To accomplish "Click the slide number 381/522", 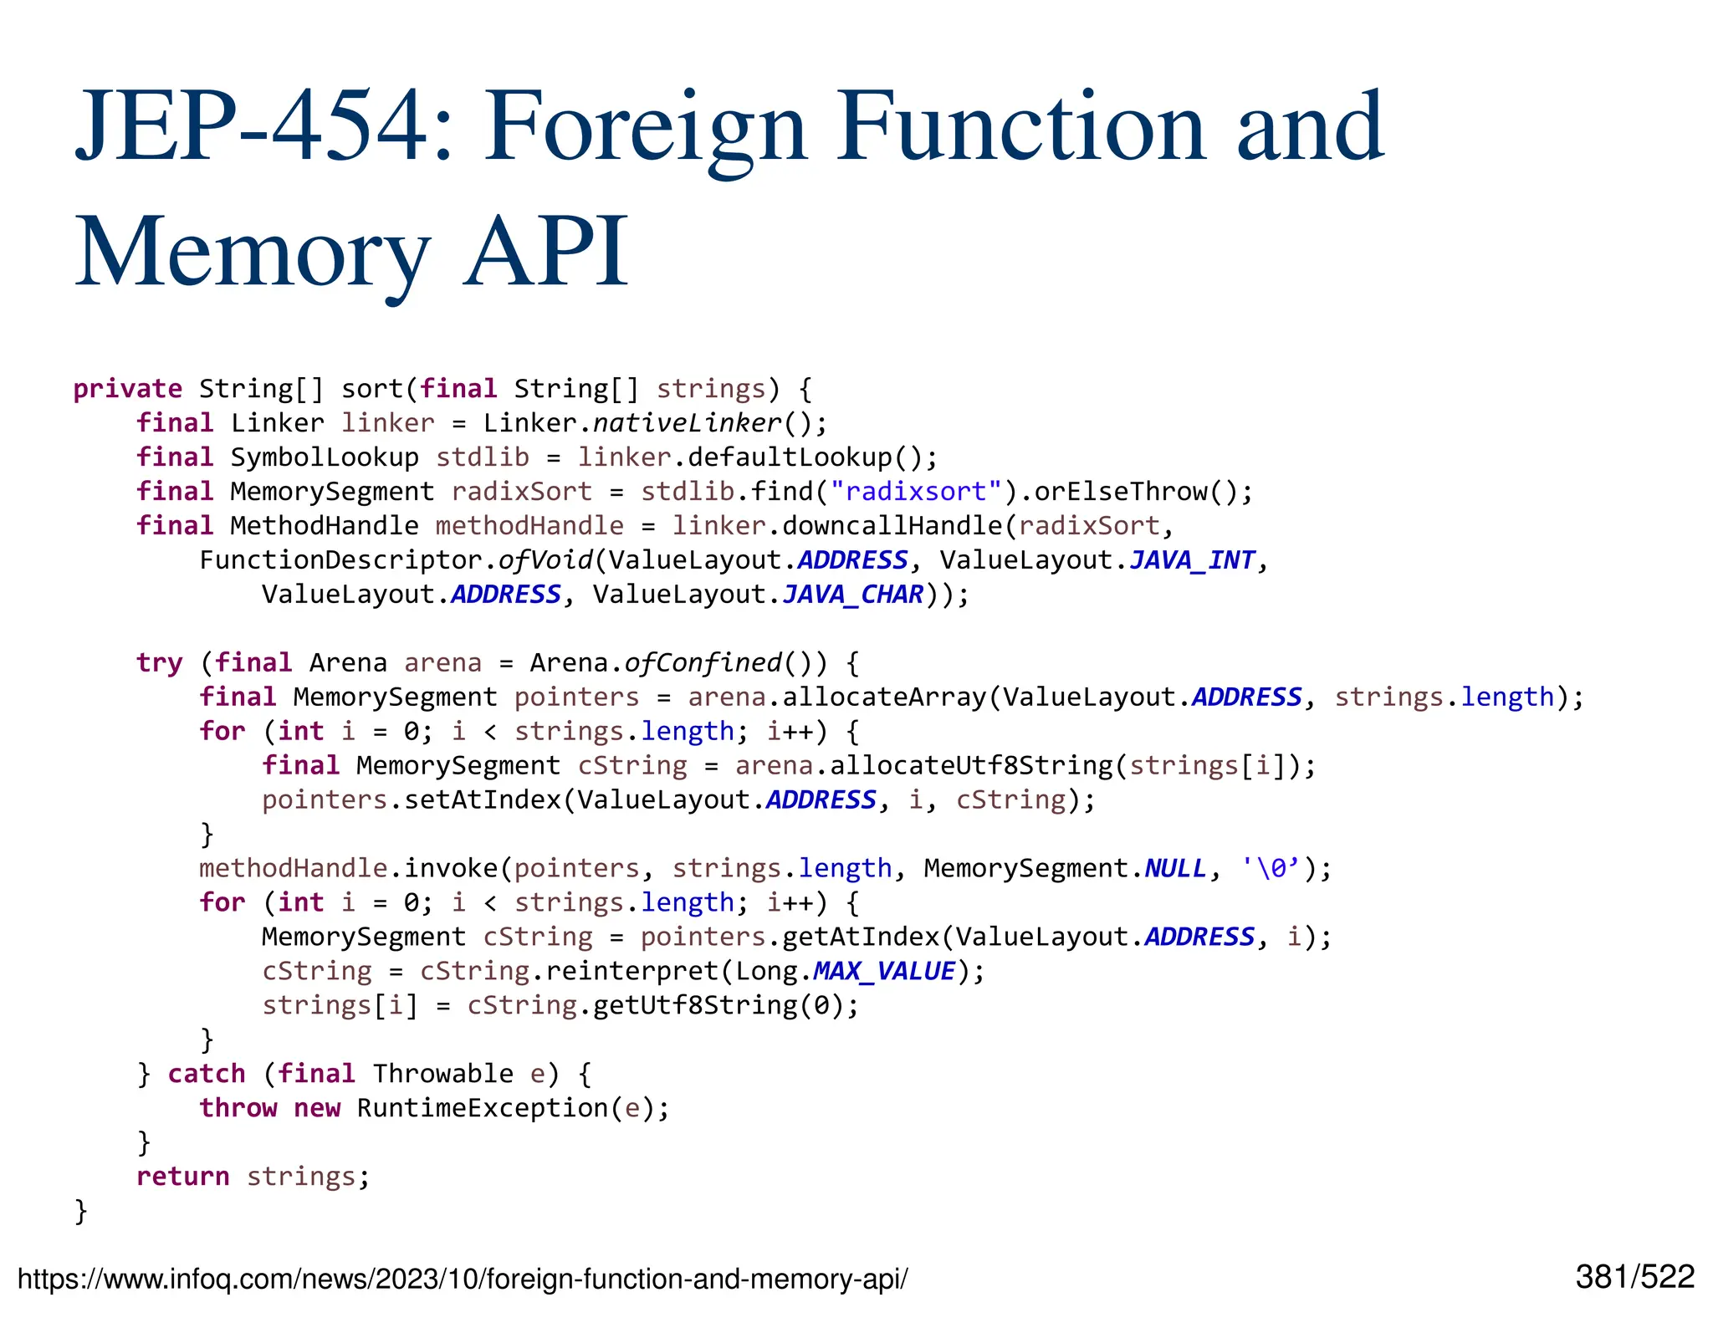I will point(1634,1278).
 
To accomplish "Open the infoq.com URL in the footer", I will point(462,1280).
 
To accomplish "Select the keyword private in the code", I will point(127,389).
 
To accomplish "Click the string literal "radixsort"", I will point(915,492).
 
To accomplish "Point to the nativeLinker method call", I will point(687,423).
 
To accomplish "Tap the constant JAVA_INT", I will point(1192,560).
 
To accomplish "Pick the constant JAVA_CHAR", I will point(852,595).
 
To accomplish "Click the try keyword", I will point(159,663).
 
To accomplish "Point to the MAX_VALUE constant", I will point(883,972).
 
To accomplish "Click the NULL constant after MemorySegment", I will point(1175,869).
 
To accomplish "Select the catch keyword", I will point(207,1074).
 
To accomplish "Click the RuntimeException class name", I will point(483,1108).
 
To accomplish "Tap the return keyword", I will point(182,1177).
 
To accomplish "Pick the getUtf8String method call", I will point(695,1005).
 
